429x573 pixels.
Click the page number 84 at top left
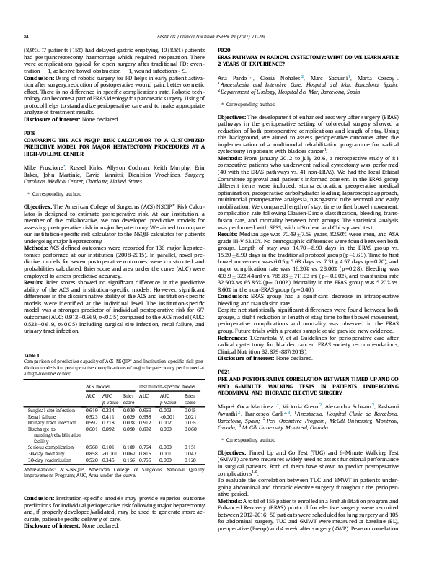[x=27, y=14]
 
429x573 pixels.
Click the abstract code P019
[x=30, y=113]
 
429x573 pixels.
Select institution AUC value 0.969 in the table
[x=145, y=409]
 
